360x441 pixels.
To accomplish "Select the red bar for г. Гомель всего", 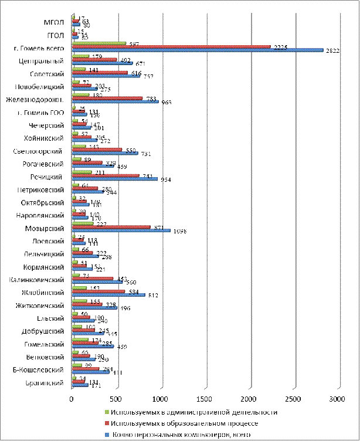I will coord(171,47).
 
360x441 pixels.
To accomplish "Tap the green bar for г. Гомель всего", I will coord(99,43).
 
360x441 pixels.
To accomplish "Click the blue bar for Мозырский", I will coord(120,230).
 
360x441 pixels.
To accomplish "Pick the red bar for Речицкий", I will coord(105,175).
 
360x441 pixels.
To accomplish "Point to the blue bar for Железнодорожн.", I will coord(115,101).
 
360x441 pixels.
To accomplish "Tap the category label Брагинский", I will coord(45,383).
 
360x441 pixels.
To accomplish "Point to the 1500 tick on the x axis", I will coord(203,399).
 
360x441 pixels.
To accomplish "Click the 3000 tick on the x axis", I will coord(336,399).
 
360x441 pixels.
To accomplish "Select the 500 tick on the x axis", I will coord(116,399).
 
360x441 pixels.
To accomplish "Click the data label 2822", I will coord(332,51).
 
